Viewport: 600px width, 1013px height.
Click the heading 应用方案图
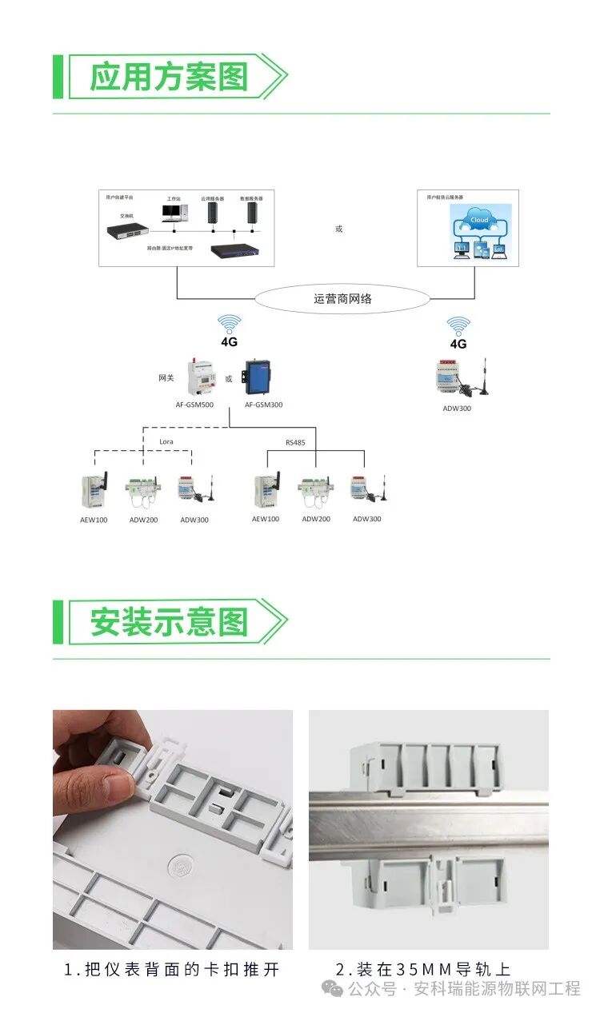(169, 77)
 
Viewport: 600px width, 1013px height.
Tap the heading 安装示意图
(169, 622)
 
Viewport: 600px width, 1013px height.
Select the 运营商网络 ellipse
(342, 299)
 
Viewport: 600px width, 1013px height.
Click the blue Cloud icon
(479, 220)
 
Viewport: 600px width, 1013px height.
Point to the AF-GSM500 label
(194, 405)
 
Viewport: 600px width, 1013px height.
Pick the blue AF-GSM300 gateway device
(262, 377)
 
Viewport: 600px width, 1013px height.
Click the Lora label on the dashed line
(166, 441)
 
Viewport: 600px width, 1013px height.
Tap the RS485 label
(295, 441)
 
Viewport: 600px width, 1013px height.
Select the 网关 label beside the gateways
(166, 378)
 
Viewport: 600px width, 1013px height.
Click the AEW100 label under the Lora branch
(94, 520)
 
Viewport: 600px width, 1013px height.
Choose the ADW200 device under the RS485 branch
(315, 489)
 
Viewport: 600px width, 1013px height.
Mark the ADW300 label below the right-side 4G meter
(457, 408)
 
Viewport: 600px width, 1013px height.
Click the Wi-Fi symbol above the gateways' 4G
(230, 324)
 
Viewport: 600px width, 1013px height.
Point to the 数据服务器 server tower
(251, 213)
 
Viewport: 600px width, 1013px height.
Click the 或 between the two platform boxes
(338, 229)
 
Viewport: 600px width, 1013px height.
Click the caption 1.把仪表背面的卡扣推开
(172, 969)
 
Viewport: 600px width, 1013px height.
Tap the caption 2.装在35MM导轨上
(422, 969)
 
